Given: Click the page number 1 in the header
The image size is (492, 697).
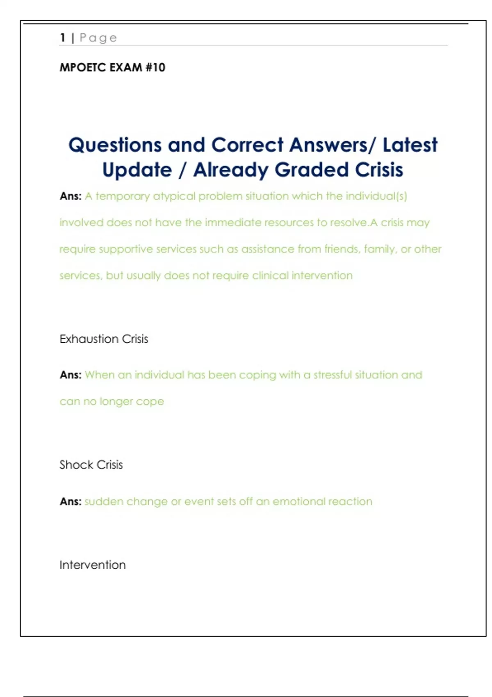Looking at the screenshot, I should (x=63, y=38).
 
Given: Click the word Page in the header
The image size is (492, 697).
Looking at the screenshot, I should (x=98, y=38).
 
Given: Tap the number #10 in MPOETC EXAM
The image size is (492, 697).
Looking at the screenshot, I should (x=155, y=67).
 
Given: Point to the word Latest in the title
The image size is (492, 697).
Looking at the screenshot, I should (x=410, y=145).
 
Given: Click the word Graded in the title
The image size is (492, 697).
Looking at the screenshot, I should (x=312, y=170).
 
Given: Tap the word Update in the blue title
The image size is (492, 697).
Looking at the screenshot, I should (x=137, y=170).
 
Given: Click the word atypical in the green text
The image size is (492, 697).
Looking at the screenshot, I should (x=174, y=196).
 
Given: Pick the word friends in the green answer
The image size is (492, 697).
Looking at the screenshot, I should (x=341, y=249).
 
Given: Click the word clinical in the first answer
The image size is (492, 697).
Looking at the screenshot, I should (x=270, y=276).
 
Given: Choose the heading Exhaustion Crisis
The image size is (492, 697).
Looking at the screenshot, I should (x=104, y=339).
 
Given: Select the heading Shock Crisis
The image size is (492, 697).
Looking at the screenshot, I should (x=91, y=465).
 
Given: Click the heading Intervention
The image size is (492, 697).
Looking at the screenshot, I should (x=93, y=565).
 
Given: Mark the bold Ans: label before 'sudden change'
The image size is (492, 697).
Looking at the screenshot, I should (x=71, y=502).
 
